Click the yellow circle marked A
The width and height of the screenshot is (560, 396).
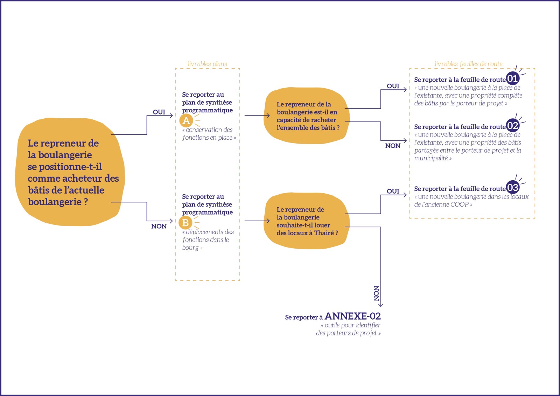[186, 120]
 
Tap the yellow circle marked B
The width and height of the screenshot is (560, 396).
[185, 223]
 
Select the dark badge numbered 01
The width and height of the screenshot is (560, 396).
[512, 78]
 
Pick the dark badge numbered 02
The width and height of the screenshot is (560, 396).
[512, 126]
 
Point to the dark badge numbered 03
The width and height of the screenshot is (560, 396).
[512, 187]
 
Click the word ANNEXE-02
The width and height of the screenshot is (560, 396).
[352, 316]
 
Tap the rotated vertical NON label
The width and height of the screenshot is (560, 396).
[376, 293]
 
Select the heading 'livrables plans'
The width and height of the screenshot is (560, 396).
[208, 64]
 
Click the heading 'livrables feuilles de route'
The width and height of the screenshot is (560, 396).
[469, 64]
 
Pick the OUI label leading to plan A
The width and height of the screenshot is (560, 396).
[159, 112]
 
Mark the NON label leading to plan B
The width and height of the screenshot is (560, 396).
[159, 226]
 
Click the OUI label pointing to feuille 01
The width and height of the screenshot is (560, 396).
[393, 86]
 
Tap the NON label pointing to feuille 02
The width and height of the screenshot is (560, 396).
[393, 146]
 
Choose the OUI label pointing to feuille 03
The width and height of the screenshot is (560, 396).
[393, 191]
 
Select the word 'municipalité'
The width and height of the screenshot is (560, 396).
[431, 158]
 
